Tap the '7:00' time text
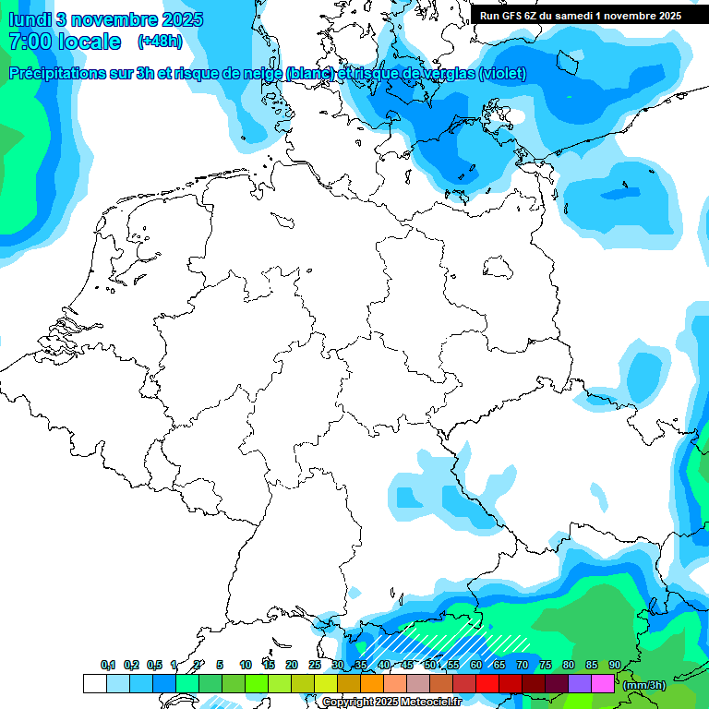(x=30, y=42)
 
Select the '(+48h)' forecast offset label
(x=160, y=42)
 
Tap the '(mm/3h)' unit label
(x=643, y=684)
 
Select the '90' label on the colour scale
(x=614, y=665)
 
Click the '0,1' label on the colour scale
(x=108, y=665)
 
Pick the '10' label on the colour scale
(x=245, y=665)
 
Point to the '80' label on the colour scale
(x=568, y=665)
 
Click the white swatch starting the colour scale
(x=94, y=684)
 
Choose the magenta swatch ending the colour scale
(x=602, y=684)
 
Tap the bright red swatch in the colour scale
(x=487, y=684)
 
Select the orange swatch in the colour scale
(x=371, y=684)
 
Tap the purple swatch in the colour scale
(x=579, y=684)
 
